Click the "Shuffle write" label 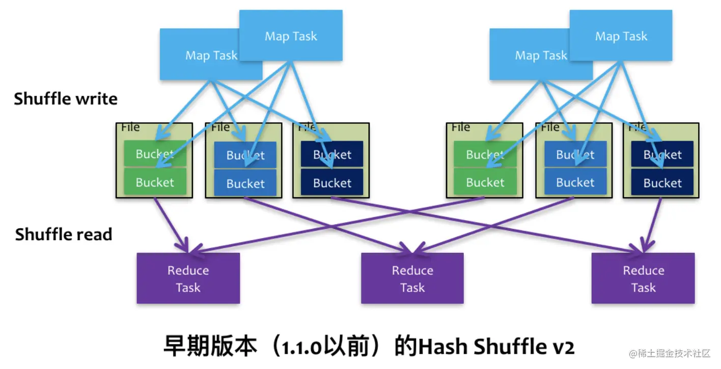(x=66, y=98)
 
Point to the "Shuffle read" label (x=64, y=234)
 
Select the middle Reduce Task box (x=412, y=278)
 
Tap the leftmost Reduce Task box (x=188, y=278)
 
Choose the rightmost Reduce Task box (x=643, y=278)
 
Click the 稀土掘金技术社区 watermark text (x=672, y=353)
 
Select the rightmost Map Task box (x=621, y=36)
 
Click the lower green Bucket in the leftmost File (x=155, y=182)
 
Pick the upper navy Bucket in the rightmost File (x=662, y=154)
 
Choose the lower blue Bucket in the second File (x=245, y=183)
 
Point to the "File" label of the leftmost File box (x=130, y=127)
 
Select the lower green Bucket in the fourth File (x=485, y=182)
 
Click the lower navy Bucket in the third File (x=332, y=183)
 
